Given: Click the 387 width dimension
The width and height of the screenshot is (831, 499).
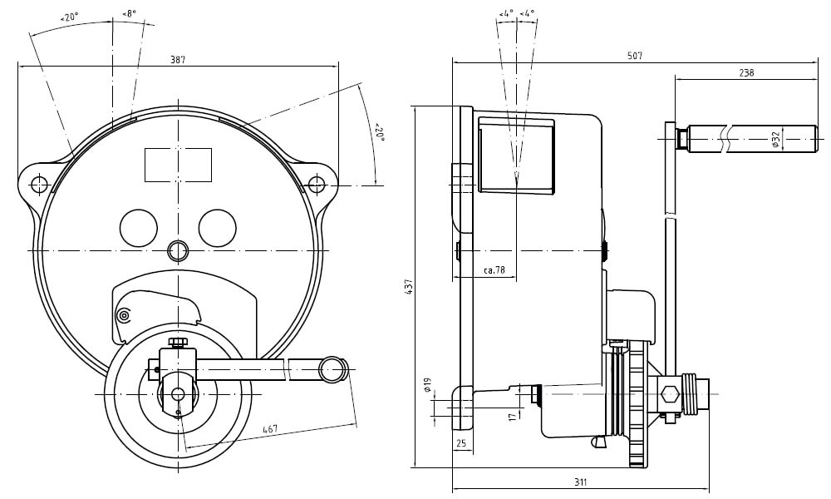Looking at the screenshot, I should click(x=178, y=59).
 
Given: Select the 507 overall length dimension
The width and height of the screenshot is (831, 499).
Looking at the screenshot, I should click(x=635, y=56).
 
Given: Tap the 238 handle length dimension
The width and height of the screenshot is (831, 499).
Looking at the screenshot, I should click(x=746, y=73).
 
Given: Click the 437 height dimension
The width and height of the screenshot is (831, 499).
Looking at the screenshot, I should click(x=408, y=286).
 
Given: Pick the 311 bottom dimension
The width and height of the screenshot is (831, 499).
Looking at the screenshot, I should click(x=580, y=482).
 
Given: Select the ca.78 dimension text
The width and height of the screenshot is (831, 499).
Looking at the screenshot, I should click(x=494, y=270).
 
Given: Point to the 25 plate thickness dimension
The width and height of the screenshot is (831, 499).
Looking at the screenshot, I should click(x=461, y=443).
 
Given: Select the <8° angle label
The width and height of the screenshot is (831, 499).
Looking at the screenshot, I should click(x=129, y=14).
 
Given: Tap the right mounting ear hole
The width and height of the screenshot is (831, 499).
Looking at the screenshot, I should click(x=316, y=183).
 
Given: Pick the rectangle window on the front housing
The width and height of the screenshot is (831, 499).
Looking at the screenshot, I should click(x=178, y=164).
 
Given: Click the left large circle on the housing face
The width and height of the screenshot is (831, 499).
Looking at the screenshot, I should click(x=139, y=228).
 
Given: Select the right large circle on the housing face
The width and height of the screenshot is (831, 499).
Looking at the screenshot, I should click(x=218, y=228).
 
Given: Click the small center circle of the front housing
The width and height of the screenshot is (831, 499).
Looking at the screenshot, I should click(x=178, y=249).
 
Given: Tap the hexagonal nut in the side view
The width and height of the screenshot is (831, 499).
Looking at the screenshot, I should click(x=668, y=394).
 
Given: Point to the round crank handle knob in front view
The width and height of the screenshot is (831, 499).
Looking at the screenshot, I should click(x=333, y=368).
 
